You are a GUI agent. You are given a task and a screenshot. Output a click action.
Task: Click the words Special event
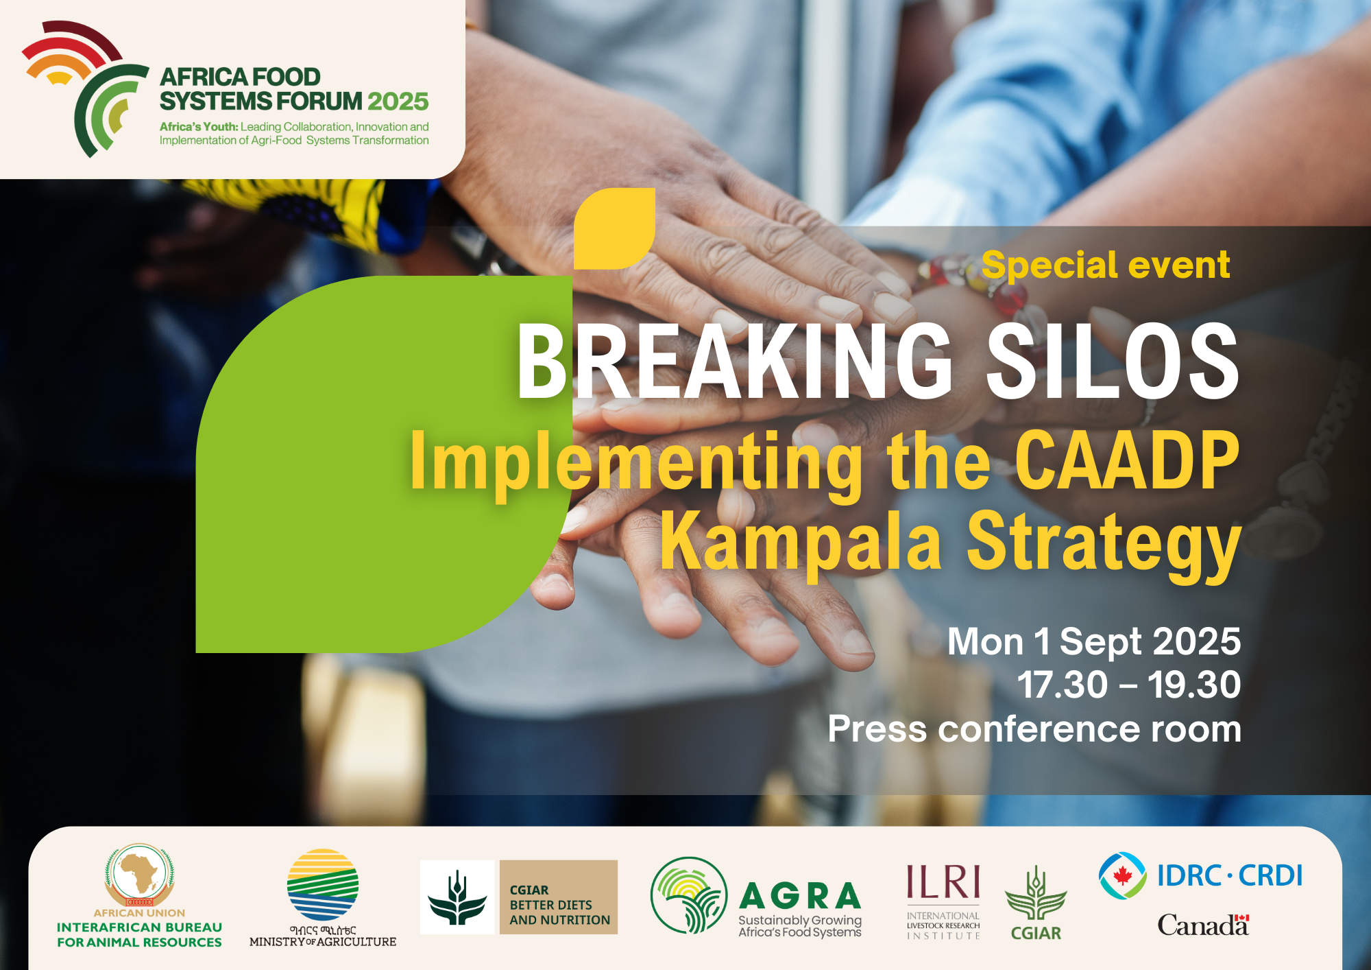1106,266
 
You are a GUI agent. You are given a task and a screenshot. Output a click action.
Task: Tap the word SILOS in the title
1113,362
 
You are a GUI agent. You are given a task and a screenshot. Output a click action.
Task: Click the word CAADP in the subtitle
1127,460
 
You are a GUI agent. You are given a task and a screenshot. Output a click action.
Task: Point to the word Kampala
801,542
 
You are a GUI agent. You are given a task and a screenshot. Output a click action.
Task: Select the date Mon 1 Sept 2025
1094,642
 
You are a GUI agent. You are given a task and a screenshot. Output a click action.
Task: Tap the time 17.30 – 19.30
1129,685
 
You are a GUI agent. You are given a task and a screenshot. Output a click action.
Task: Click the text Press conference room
1034,729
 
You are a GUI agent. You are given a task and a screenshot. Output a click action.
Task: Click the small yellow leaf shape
614,228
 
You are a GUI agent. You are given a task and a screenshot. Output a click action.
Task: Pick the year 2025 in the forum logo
398,102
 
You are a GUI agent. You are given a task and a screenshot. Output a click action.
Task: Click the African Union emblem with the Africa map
139,875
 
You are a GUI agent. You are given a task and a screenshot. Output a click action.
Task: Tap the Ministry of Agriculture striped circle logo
323,884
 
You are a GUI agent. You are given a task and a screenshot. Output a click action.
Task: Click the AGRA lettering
800,896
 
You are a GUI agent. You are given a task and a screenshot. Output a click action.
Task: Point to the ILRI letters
943,882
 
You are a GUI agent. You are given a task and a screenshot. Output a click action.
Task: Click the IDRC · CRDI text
1230,876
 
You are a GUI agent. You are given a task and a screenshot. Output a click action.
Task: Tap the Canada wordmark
1203,925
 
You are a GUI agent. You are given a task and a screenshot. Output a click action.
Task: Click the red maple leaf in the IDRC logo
1122,875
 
